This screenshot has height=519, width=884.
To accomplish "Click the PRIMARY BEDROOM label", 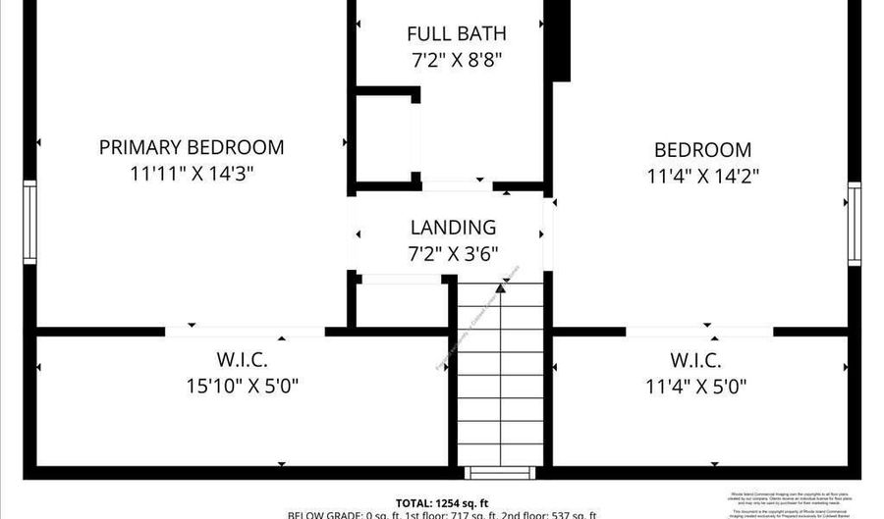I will point(192,147).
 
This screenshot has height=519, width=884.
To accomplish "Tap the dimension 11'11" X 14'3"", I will point(192,174).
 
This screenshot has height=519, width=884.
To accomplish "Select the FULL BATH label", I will point(457,34).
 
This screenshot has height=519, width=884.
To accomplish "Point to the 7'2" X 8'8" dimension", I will point(457,60).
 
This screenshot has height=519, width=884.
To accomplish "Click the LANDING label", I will point(453,228).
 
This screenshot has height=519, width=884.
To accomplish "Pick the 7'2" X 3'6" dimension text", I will point(453,253).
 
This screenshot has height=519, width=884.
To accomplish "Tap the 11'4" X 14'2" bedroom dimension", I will point(703,177).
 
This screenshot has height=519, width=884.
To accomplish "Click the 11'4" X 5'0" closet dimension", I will point(696,386).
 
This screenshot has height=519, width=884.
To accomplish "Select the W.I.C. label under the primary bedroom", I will point(241,360).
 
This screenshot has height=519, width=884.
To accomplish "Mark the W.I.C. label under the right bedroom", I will point(696,360).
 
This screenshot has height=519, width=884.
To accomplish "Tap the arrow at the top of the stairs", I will point(501,287).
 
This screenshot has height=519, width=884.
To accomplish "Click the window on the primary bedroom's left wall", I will point(30,222).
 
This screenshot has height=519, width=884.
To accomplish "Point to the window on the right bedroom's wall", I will point(855,224).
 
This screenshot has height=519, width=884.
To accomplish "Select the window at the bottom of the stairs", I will point(500,473).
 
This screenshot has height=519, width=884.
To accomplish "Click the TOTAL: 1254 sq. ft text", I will point(442,500).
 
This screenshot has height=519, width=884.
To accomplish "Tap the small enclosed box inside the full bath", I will point(384,137).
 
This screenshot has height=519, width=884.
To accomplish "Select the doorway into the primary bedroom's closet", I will point(245,332).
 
